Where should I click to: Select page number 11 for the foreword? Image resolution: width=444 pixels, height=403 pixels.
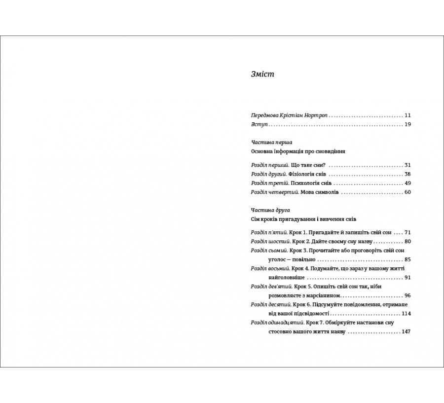tap(407, 115)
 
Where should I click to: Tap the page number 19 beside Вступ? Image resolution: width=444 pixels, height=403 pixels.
tap(407, 124)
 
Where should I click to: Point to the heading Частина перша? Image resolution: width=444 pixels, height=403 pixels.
tap(271, 142)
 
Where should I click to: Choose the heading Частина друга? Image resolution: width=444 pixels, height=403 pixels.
tap(270, 210)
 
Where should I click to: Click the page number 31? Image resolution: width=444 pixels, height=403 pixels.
tap(407, 165)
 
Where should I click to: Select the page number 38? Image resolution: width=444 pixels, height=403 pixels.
tap(407, 174)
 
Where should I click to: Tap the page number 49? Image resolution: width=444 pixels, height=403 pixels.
tap(407, 183)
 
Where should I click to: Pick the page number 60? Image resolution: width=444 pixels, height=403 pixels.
tap(407, 192)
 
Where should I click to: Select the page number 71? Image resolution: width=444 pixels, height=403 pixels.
tap(407, 232)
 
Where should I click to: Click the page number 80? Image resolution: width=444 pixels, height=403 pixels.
tap(407, 241)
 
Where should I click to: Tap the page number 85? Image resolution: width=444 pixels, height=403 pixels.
tap(407, 259)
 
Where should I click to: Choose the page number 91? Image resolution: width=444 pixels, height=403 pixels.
tap(407, 278)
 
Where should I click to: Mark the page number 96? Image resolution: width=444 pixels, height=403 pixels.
tap(407, 295)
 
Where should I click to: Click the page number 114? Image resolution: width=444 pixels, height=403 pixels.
tap(406, 314)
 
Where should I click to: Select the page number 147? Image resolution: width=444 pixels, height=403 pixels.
tap(406, 332)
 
